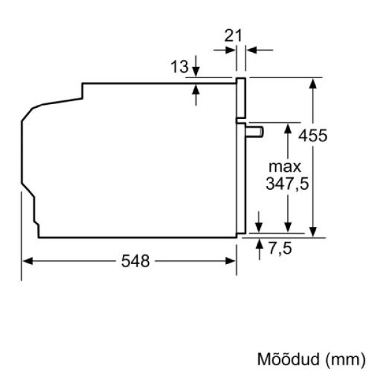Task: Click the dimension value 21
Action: coord(233,35)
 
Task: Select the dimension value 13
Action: coord(179,67)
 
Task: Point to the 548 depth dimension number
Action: coord(135,262)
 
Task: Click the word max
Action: coord(284,167)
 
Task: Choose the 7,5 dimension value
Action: coord(279,249)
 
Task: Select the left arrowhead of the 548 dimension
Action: coord(27,261)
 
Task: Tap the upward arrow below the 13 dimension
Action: coord(196,89)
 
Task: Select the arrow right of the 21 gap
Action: coord(250,50)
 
